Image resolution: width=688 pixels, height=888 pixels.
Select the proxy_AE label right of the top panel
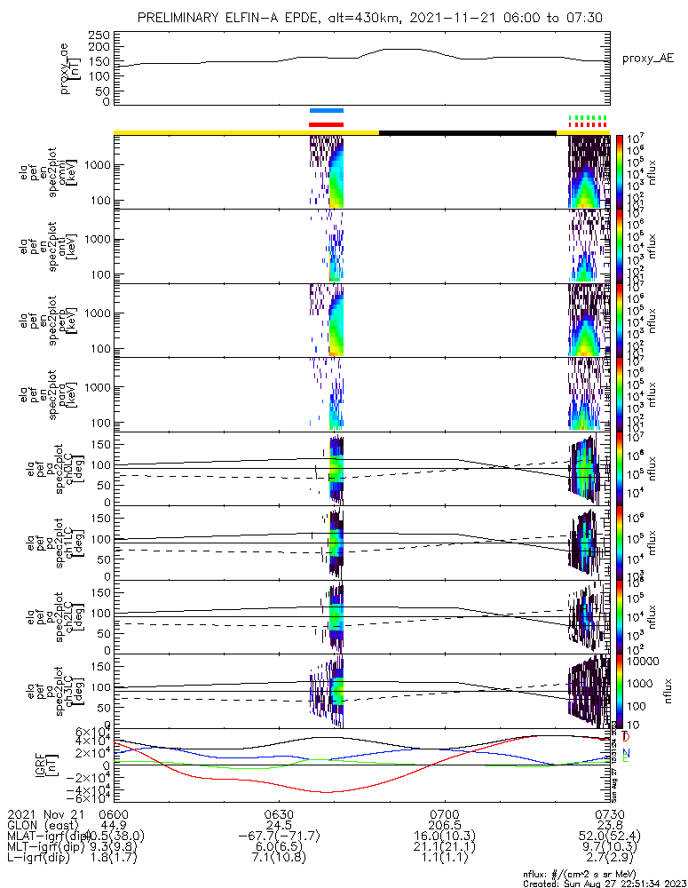tap(648, 59)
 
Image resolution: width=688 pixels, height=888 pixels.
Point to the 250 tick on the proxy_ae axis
tap(100, 34)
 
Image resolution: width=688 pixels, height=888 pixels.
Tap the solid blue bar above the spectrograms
tap(326, 111)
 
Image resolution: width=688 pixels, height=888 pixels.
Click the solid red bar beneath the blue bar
tap(326, 124)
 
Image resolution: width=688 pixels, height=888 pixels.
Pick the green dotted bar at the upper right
tap(588, 117)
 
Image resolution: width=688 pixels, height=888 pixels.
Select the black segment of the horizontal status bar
tap(467, 132)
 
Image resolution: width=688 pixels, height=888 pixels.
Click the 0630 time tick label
tap(279, 813)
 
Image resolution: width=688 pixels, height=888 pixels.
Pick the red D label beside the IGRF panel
tap(627, 737)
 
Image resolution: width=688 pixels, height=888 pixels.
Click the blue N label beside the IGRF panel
tap(627, 753)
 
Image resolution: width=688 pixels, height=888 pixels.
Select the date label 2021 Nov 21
tap(43, 813)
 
